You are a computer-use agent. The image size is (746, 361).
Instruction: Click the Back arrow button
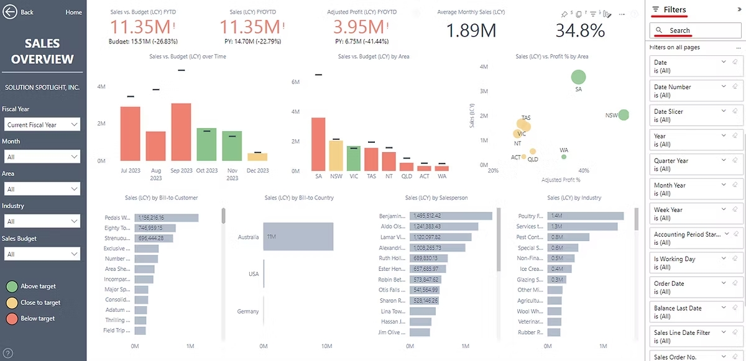point(10,12)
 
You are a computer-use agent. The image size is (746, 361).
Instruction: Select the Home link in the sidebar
point(73,12)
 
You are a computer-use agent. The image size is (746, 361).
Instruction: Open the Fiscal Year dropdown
point(42,125)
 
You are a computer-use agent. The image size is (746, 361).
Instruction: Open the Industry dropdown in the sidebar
point(42,221)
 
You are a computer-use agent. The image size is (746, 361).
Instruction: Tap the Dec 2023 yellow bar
point(257,157)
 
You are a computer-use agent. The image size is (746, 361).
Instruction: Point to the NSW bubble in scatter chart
point(624,115)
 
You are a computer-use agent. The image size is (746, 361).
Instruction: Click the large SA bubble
point(578,77)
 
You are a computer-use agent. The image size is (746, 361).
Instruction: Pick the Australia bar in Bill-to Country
point(298,237)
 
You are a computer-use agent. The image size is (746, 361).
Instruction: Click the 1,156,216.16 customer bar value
point(165,218)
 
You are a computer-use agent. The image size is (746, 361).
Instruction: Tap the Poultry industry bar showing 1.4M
point(585,216)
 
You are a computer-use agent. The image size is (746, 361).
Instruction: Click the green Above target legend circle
point(12,286)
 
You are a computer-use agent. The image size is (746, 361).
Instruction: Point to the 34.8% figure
point(579,30)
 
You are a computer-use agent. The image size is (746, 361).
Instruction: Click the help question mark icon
point(8,354)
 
